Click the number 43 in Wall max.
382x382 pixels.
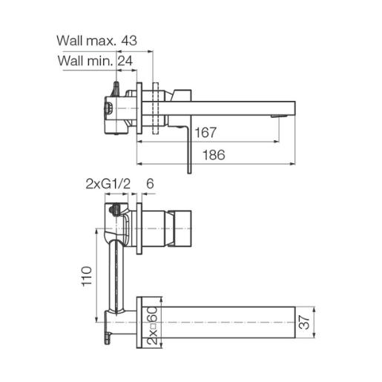pos(129,41)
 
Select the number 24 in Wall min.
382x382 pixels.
pos(125,61)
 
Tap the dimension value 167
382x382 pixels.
pos(205,133)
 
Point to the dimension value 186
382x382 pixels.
pos(214,155)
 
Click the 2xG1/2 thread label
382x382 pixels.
pos(108,184)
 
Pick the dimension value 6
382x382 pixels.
pos(150,184)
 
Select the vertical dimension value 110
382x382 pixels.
pos(87,277)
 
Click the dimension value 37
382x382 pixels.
pos(304,322)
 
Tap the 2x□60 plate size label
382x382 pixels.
pos(152,326)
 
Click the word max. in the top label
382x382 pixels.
pos(101,41)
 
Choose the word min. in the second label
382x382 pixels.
pos(100,61)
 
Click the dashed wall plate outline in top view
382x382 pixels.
pos(156,108)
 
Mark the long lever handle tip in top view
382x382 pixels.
pos(189,172)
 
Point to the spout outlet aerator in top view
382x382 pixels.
pos(279,116)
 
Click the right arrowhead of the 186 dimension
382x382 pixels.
pos(293,164)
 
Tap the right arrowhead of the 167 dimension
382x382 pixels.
pos(277,142)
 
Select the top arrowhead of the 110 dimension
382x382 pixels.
pos(96,231)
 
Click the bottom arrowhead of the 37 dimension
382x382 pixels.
pos(315,335)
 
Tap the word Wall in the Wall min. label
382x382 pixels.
pos(71,61)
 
